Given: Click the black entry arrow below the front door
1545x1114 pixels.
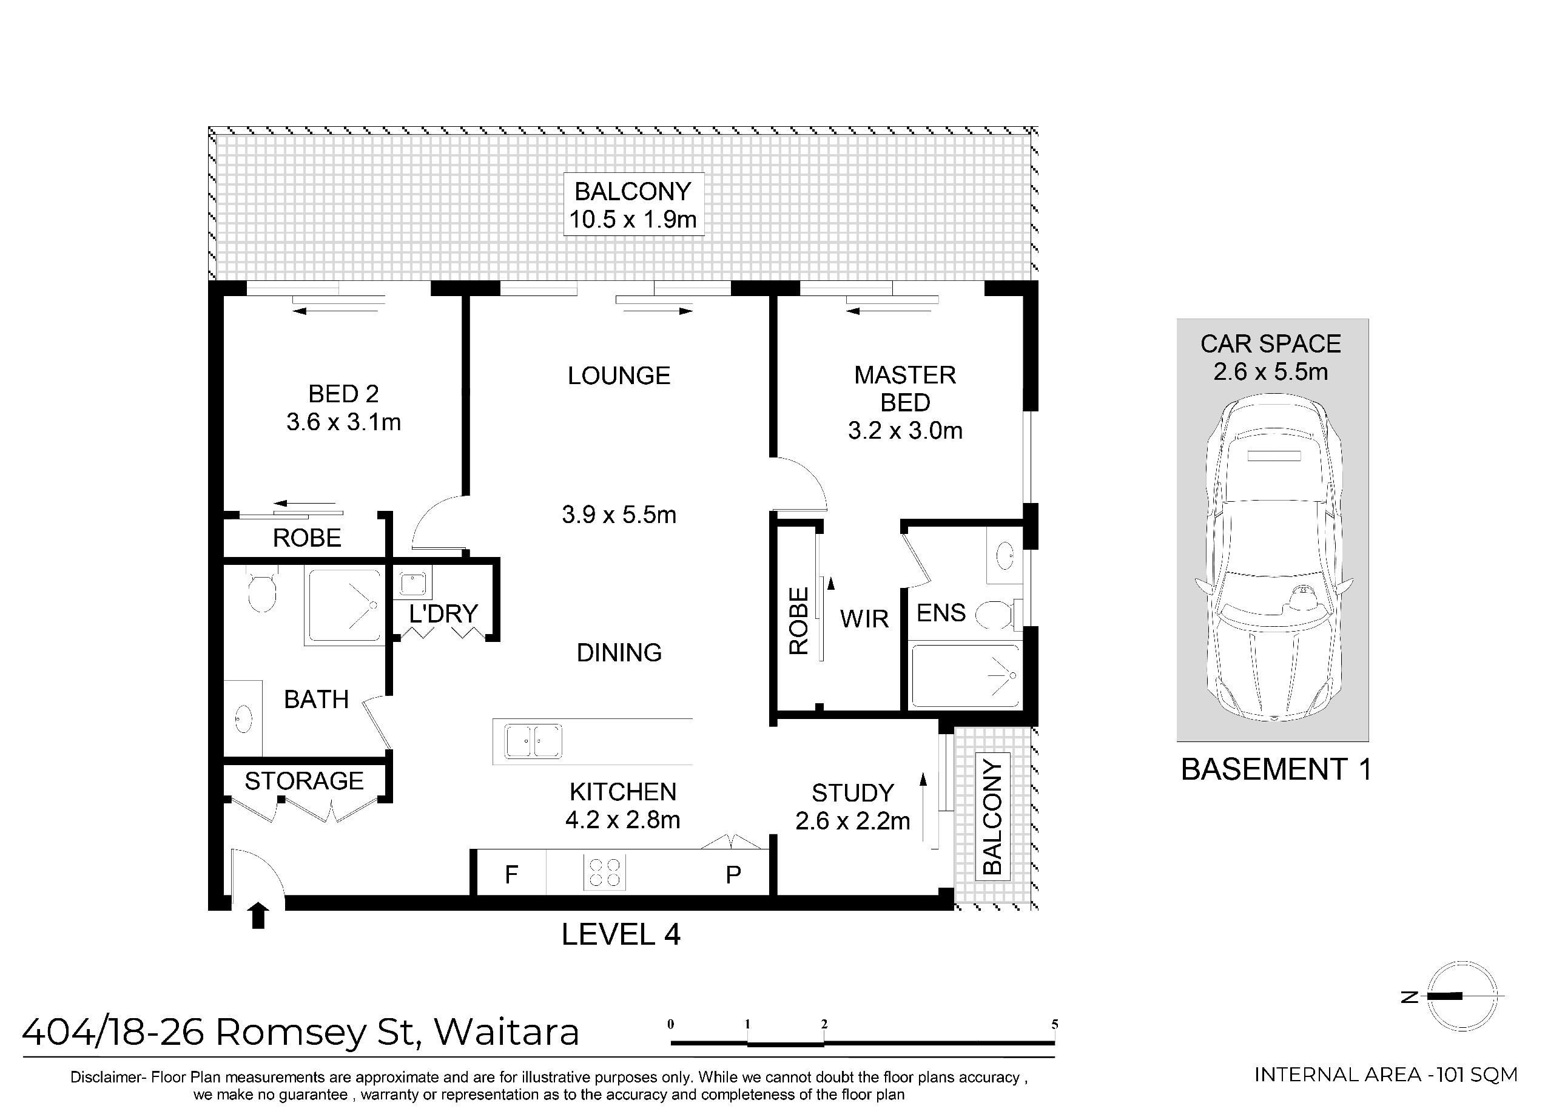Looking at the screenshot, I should click(x=258, y=915).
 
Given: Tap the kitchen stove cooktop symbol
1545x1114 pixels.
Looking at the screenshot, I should click(x=604, y=874).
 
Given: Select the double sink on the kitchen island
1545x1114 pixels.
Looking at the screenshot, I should click(x=533, y=741).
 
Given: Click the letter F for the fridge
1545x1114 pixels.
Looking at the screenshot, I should click(x=511, y=875).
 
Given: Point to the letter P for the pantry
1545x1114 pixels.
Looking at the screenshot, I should click(x=733, y=875).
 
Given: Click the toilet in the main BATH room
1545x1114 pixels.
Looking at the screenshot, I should click(x=261, y=592).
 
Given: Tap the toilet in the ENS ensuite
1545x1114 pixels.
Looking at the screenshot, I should click(x=996, y=614).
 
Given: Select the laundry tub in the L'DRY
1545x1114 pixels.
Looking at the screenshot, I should click(x=412, y=584).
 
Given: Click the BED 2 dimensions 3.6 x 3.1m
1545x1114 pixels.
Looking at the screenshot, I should click(x=343, y=422).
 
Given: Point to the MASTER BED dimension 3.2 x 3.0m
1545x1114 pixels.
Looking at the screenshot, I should click(x=904, y=431).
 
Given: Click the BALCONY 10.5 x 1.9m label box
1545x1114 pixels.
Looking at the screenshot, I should click(x=633, y=205).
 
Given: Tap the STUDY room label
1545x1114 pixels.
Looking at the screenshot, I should click(x=852, y=793).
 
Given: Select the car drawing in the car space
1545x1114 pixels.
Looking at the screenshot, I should click(x=1273, y=559).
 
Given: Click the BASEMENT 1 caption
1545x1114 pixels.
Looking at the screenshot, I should click(x=1275, y=769).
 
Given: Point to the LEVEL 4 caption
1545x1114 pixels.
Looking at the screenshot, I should click(x=621, y=934).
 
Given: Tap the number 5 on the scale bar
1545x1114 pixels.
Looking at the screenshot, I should click(x=1054, y=1024).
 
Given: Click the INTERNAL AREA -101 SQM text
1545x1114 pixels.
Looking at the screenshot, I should click(x=1385, y=1075).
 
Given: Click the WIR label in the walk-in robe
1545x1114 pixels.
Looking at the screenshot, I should click(x=864, y=619).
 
